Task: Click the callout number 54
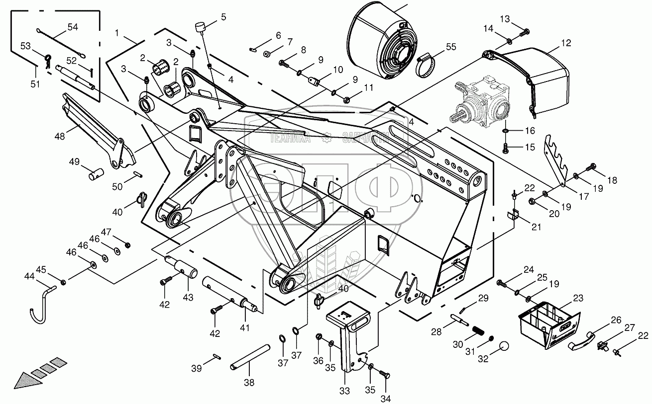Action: [73, 27]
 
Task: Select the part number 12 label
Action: [566, 43]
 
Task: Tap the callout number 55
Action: [450, 47]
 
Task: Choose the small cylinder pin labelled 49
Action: [96, 174]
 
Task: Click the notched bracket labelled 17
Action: [557, 160]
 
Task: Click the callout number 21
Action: [536, 227]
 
